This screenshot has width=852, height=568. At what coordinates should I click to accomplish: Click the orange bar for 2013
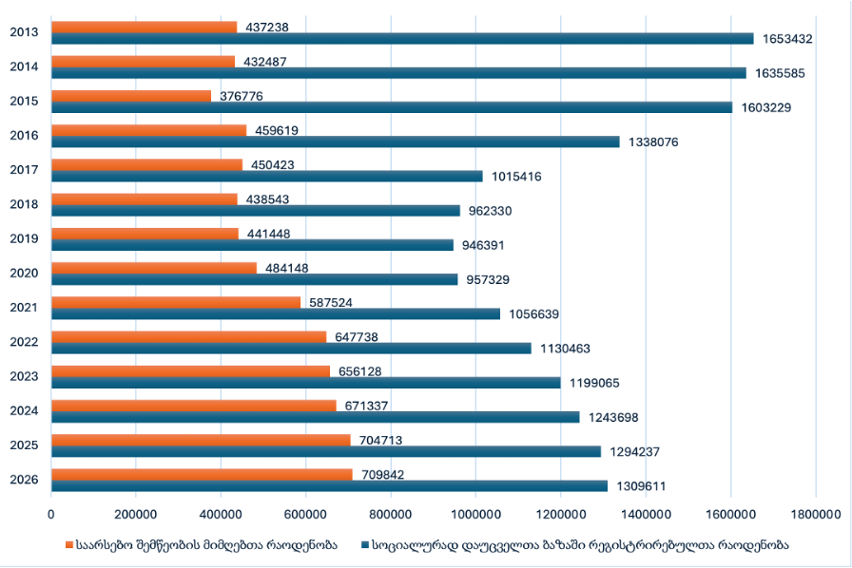144,28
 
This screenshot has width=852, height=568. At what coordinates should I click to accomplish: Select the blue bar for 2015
391,107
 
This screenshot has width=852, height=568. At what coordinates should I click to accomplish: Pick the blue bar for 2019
252,245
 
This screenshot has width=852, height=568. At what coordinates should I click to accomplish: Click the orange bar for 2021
176,302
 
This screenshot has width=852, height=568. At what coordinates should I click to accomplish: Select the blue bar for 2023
305,383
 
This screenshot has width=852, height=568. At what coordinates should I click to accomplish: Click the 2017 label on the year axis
24,170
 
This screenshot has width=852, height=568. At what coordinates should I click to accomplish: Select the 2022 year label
24,342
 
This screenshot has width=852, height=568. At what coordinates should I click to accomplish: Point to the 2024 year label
24,410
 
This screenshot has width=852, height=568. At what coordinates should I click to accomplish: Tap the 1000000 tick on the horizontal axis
475,514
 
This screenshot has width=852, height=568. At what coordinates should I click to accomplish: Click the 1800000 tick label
816,514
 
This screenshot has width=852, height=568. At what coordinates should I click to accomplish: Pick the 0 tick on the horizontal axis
51,514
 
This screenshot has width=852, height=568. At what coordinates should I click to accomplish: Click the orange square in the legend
69,545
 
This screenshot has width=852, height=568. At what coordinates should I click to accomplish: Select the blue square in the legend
366,545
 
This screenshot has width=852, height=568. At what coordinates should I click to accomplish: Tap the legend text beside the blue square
580,545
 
